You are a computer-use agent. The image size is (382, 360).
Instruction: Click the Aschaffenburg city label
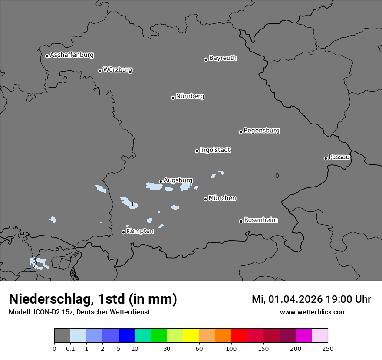(x=72, y=55)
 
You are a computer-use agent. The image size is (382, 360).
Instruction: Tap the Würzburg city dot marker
(x=100, y=71)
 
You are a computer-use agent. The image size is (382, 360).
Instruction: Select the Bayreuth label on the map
(x=223, y=58)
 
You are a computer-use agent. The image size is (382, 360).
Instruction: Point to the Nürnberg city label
(x=190, y=96)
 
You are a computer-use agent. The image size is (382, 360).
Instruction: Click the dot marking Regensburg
(x=240, y=132)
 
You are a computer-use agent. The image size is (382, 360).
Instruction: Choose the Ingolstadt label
(x=215, y=150)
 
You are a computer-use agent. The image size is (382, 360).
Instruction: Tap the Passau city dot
(x=326, y=158)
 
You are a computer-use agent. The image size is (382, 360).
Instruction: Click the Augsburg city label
(x=178, y=180)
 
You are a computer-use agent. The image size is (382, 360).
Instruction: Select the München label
(x=222, y=198)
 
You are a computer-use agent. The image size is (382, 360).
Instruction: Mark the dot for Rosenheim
(x=241, y=222)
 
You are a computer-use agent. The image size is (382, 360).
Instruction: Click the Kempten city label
(x=140, y=231)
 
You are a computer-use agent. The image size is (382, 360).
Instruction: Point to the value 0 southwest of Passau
(x=277, y=176)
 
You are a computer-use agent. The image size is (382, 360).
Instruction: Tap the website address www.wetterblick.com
(x=313, y=312)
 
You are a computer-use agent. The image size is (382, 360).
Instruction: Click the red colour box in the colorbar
(x=239, y=336)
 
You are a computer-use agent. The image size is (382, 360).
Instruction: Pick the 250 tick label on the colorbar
(x=328, y=348)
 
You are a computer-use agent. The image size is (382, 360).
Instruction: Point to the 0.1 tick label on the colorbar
(x=70, y=348)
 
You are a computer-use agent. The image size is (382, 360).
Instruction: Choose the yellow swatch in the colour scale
(x=191, y=336)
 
